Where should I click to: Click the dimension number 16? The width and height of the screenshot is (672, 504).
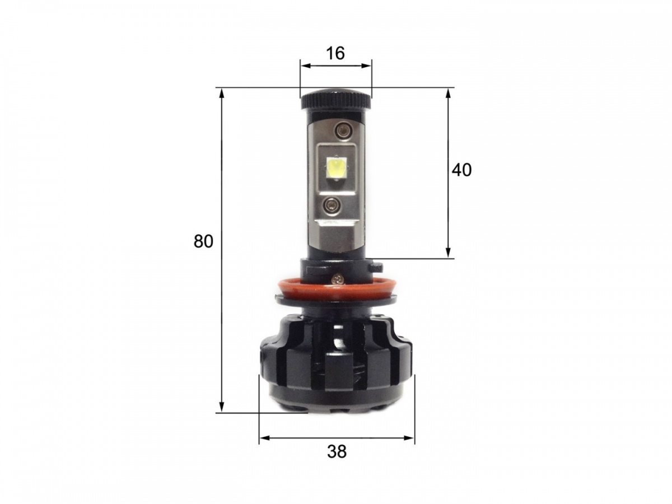click(335, 53)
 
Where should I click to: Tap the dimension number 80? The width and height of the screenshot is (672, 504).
click(203, 241)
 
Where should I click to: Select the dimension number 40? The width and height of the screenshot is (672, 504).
click(461, 170)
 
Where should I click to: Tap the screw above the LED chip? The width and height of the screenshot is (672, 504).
click(342, 130)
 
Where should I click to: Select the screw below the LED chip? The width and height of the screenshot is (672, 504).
click(330, 203)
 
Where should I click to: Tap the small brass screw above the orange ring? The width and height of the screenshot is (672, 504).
click(338, 278)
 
